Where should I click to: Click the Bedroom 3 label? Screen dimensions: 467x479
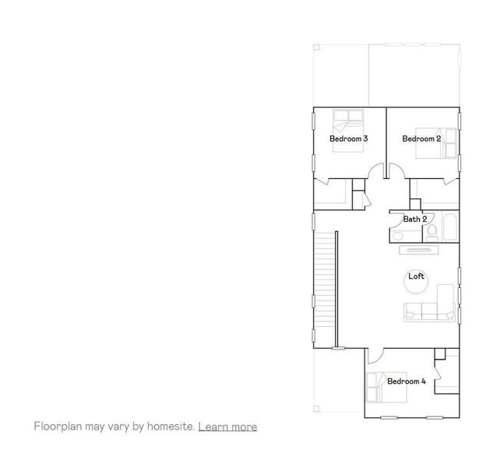[x=348, y=139]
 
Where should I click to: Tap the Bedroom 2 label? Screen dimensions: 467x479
[x=421, y=139]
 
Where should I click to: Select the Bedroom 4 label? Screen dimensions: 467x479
[x=406, y=381]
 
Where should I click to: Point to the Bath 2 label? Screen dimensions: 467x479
[x=414, y=219]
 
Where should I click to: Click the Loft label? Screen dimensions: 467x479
[x=416, y=276]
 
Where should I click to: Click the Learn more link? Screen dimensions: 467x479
[x=227, y=427]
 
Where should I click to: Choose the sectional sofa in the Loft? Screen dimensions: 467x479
[x=429, y=307]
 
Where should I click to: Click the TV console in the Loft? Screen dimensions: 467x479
[x=421, y=250]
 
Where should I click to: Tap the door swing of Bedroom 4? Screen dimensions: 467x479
[x=375, y=356]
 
